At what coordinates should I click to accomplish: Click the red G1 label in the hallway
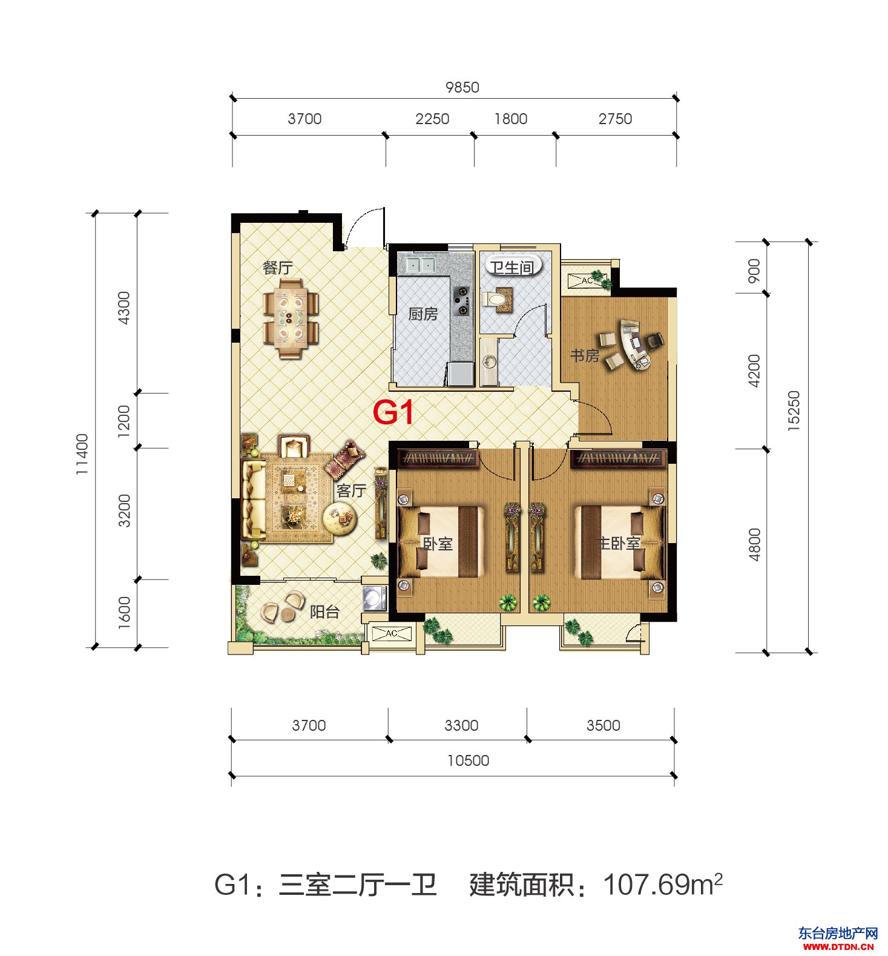pos(393,412)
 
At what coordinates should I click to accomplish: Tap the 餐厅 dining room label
pos(278,268)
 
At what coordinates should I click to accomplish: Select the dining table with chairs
pos(291,318)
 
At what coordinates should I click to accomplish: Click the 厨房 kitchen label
pos(423,314)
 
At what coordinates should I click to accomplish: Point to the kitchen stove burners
pos(462,300)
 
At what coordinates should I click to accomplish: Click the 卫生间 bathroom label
pos(512,267)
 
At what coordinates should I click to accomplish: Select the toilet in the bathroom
pos(497,299)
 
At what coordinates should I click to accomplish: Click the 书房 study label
pos(585,355)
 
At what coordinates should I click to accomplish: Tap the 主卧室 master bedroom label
pos(619,543)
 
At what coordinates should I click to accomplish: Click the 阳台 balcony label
pos(324,612)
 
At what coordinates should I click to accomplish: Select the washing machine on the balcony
pos(375,598)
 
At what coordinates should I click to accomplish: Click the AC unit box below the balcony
pos(392,634)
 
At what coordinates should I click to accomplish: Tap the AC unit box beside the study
pos(587,280)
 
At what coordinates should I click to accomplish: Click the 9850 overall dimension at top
pos(462,87)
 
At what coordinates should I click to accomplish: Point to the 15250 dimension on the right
pos(794,411)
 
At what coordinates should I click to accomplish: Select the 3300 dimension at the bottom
pos(461,725)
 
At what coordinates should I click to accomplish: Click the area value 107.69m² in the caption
pos(663,885)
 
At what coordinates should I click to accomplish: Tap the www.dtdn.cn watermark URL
pos(838,946)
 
